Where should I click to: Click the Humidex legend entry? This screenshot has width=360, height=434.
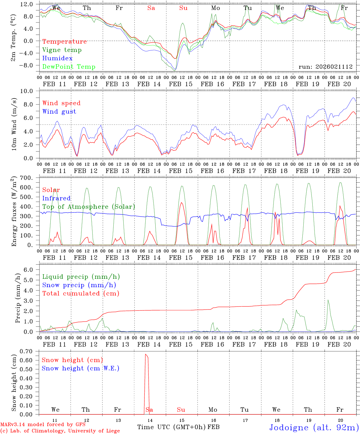[57, 58]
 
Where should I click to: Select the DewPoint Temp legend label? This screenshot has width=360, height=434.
[69, 67]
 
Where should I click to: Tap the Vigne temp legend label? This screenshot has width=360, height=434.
[62, 50]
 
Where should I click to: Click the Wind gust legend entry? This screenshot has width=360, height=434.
[59, 112]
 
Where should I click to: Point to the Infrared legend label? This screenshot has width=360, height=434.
[56, 198]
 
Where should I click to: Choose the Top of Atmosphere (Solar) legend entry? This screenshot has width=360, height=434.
[88, 207]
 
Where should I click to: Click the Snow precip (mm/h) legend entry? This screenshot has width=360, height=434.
[79, 285]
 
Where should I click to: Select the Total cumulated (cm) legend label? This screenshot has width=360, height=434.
[81, 294]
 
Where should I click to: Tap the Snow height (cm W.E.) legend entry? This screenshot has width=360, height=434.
[80, 368]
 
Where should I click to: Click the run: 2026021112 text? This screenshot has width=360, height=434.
[325, 67]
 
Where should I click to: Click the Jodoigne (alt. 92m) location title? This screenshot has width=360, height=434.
[314, 427]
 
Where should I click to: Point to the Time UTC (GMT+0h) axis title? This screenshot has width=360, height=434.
[172, 427]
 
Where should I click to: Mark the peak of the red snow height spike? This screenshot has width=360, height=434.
[146, 354]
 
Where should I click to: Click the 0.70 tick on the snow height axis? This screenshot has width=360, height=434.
[30, 351]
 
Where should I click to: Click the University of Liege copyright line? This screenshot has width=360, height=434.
[60, 431]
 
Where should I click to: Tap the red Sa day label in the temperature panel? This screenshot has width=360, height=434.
[151, 8]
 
